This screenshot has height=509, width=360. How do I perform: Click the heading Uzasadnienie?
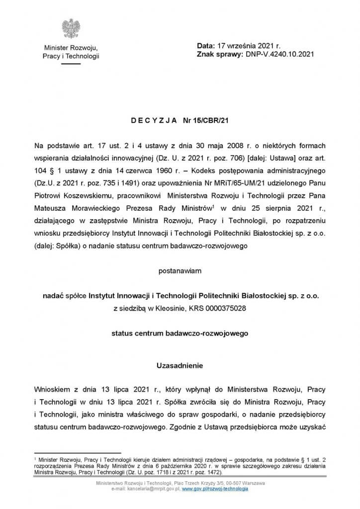point(180,365)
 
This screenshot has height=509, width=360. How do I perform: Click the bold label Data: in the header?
point(205,45)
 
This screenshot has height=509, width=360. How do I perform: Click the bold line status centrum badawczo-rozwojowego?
point(180,333)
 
